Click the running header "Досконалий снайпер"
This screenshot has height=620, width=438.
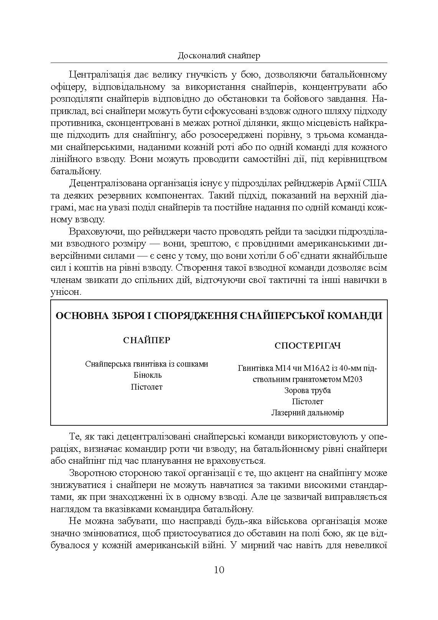coord(219,56)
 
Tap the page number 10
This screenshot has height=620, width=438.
coord(219,569)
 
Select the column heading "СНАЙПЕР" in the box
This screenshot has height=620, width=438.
coord(147,341)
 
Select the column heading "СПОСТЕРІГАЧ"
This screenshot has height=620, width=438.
coord(308,346)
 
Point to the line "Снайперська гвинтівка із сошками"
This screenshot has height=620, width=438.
coord(147,364)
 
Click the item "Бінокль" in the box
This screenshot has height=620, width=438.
coord(147,375)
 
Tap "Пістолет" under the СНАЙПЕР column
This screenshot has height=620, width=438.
coord(147,387)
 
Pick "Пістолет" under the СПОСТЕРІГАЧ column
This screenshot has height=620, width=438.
coord(308,402)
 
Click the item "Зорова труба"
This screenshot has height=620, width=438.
coord(308,390)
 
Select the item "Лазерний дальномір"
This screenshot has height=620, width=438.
coord(308,413)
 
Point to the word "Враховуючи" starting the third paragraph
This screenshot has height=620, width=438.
coord(91,231)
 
